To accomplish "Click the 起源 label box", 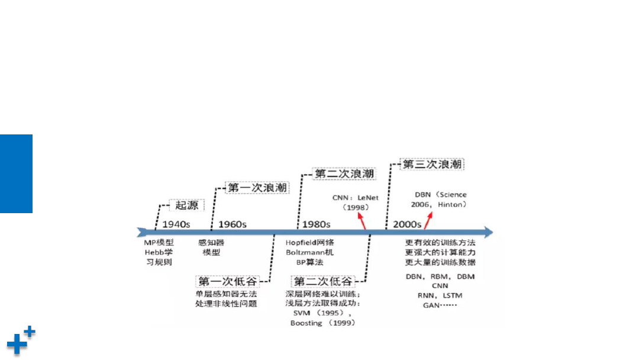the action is tap(186, 205).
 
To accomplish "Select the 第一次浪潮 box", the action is tap(257, 188).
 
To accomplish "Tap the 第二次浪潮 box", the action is tap(344, 173).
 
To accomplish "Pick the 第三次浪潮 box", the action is tap(432, 164).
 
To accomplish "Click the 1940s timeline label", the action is tap(176, 224).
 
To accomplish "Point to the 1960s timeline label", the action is tap(233, 224).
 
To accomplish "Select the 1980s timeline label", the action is tap(316, 224).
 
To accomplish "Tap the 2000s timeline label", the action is tap(406, 224).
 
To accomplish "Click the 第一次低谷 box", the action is tap(228, 281).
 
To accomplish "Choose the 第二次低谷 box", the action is tap(323, 281).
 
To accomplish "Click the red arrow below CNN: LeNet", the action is tap(362, 221).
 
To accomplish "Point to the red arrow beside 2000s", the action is tap(428, 221).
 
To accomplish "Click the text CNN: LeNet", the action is tap(356, 198).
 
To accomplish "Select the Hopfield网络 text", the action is tap(309, 243).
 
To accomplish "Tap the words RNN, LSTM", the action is tap(440, 295).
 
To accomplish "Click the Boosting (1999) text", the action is tap(323, 323).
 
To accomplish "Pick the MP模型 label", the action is tap(159, 243).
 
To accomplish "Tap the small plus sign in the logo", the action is tap(30, 332).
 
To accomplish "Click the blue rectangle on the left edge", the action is tap(17, 173).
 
